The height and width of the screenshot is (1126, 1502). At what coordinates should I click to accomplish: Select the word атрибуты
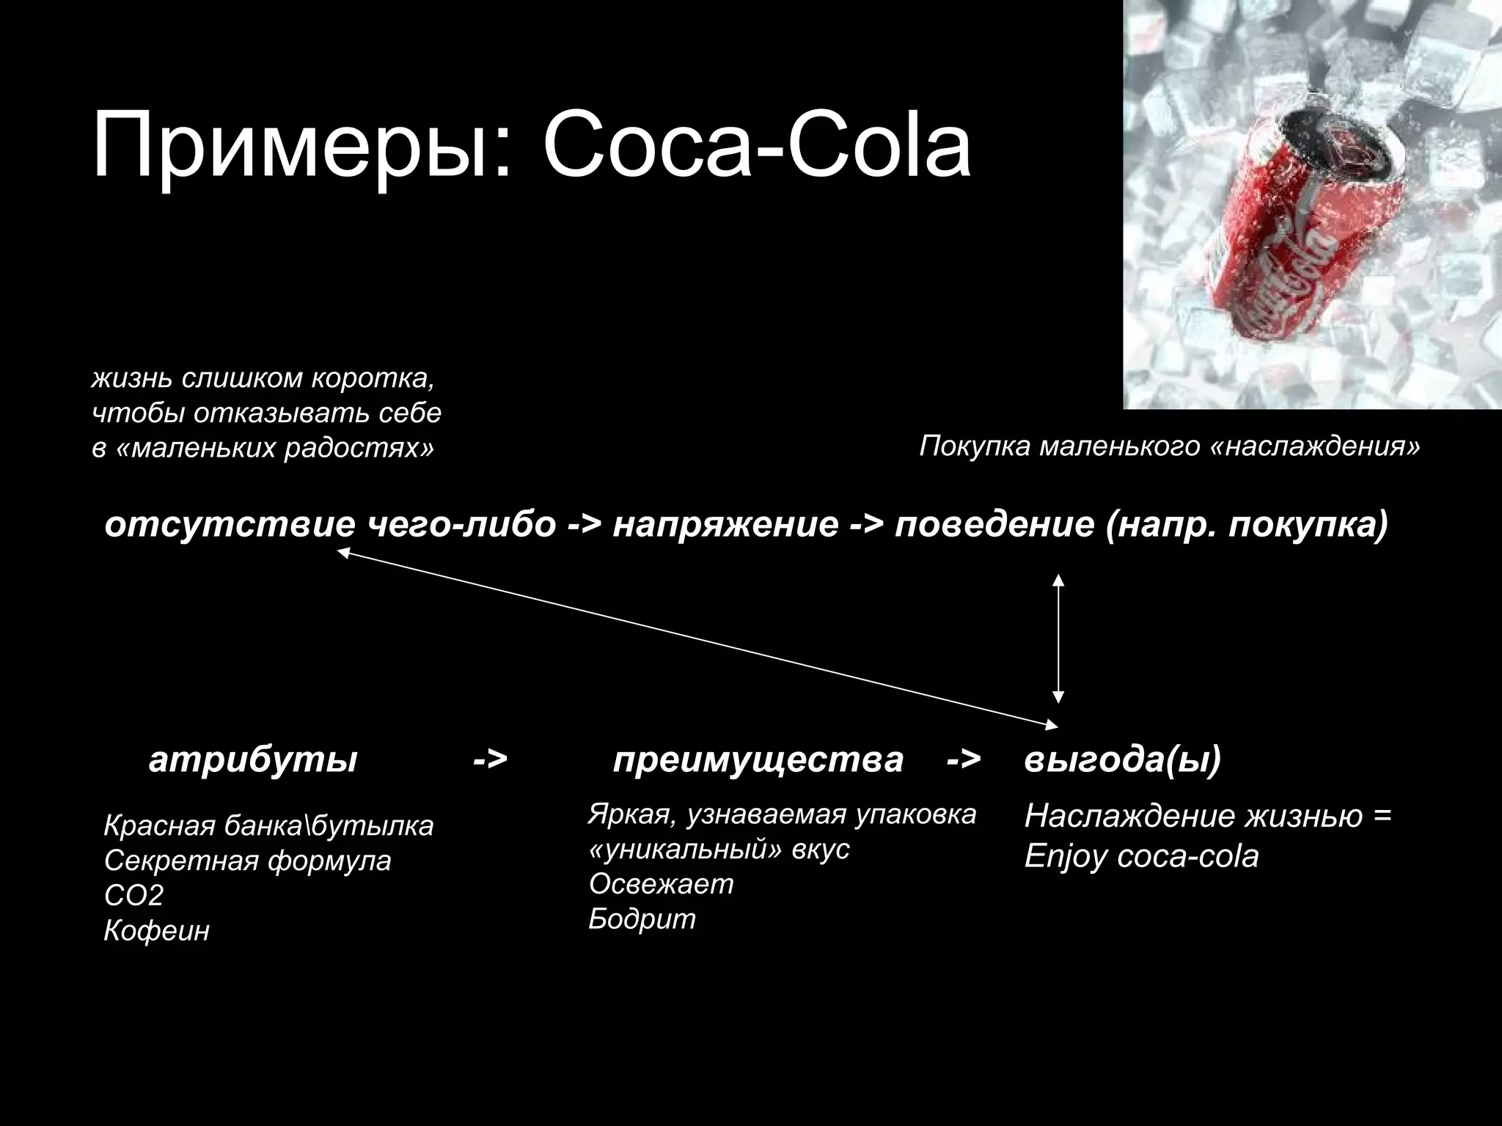point(253,760)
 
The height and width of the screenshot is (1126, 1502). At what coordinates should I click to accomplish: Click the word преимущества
point(758,760)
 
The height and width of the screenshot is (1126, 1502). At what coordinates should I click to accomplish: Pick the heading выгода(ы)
point(1122,760)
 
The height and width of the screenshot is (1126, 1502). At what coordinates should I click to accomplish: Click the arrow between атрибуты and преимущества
point(490,760)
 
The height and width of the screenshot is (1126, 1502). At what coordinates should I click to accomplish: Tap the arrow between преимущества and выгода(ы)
point(963,760)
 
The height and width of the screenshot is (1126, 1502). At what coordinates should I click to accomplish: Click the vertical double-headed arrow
point(1058,639)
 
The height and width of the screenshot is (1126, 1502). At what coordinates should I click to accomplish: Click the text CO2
point(133,895)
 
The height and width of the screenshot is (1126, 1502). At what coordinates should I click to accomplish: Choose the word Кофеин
point(157,931)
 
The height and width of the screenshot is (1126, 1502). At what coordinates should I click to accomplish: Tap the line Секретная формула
point(247,860)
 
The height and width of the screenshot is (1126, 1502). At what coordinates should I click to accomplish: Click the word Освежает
point(661,884)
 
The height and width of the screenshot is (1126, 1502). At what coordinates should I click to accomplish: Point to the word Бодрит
point(642,919)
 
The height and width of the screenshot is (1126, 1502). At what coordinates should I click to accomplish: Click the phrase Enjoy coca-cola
point(1141,856)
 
